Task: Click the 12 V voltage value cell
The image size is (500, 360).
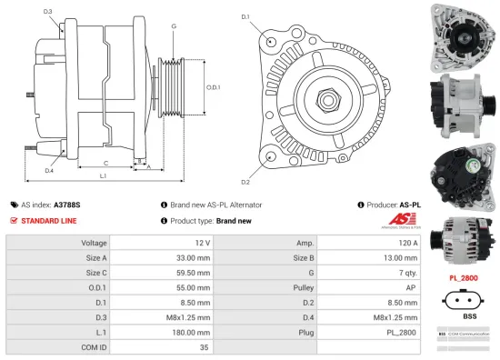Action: pos(202,244)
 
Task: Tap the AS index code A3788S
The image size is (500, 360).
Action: pos(68,205)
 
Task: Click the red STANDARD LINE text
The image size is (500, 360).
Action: pos(50,221)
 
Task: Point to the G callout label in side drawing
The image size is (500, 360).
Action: pos(173,26)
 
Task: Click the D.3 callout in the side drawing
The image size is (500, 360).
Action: pos(47,12)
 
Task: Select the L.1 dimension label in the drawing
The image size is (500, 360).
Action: pos(103,175)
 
